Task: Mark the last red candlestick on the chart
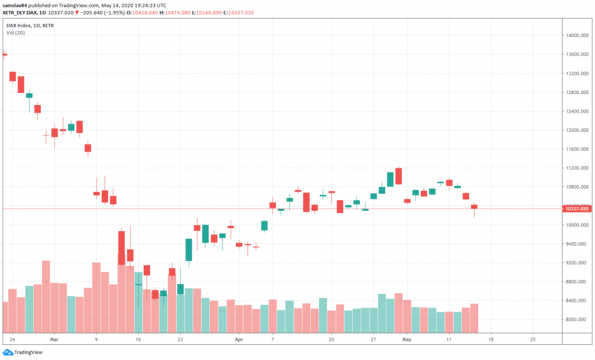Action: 474,207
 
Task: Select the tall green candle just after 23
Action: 189,250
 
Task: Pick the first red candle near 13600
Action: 4,55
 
